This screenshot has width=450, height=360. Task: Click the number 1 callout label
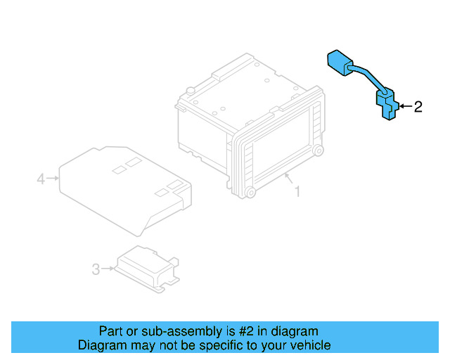click(x=297, y=191)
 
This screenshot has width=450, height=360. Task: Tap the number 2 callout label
click(x=418, y=107)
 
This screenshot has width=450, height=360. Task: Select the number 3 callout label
click(x=96, y=268)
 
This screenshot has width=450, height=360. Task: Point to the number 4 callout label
click(x=41, y=179)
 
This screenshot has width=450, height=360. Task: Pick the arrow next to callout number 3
click(x=109, y=268)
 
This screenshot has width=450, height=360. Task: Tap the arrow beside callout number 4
click(x=53, y=179)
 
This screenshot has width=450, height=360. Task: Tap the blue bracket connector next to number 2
click(x=385, y=104)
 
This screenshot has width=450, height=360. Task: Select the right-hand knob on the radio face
click(x=319, y=150)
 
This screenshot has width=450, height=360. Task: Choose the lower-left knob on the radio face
click(x=250, y=193)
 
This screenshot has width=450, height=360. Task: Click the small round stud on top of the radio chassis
click(x=190, y=90)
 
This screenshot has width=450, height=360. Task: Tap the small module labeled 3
click(x=146, y=267)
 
